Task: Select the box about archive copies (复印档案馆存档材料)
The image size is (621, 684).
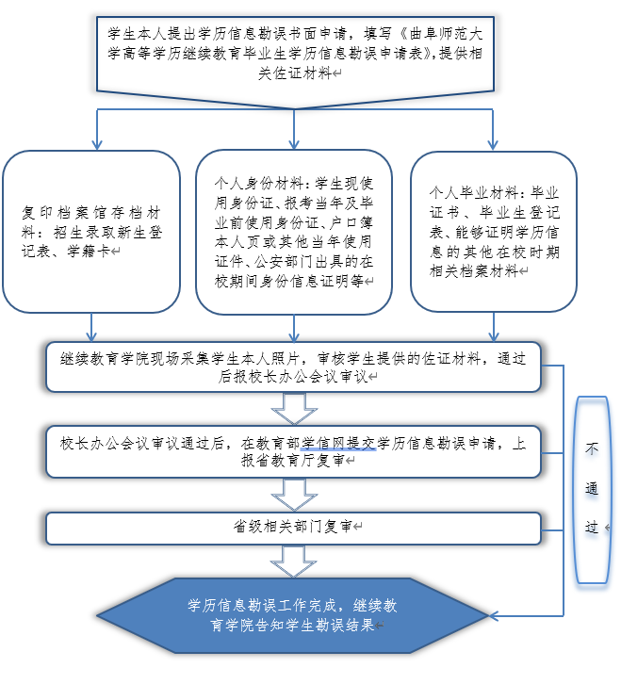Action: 91,232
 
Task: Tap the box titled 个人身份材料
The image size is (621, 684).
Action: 294,231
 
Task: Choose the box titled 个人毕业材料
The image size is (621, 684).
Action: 494,231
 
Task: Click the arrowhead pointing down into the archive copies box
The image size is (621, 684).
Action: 92,142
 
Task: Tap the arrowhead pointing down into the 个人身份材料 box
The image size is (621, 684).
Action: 294,142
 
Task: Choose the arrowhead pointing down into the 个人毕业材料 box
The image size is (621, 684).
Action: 494,142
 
